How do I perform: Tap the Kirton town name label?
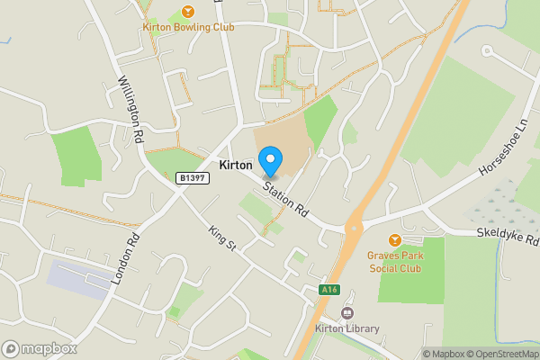tap(236, 166)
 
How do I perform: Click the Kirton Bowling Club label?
tap(188, 27)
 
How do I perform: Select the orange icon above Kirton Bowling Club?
tap(188, 11)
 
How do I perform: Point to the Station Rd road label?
tap(285, 199)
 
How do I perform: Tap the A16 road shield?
tap(330, 290)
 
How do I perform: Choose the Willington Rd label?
tap(131, 109)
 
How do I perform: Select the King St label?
tap(220, 239)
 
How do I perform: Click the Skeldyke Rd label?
tap(508, 236)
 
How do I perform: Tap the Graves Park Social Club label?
tap(394, 261)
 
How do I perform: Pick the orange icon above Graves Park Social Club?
tap(394, 240)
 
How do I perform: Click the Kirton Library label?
tap(346, 328)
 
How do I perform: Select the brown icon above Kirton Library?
tap(346, 313)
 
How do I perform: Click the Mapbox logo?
tap(40, 348)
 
